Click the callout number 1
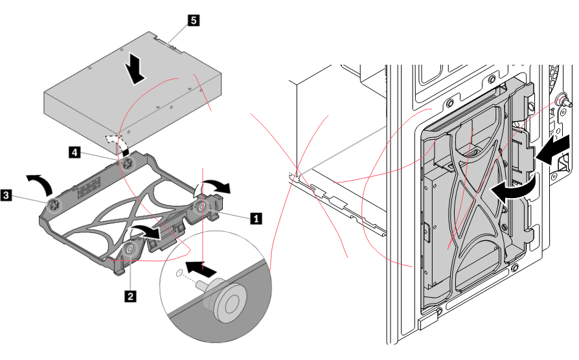tap(256, 218)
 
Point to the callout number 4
tap(75, 152)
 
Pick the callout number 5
tap(192, 20)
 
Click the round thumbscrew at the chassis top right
tap(565, 102)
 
